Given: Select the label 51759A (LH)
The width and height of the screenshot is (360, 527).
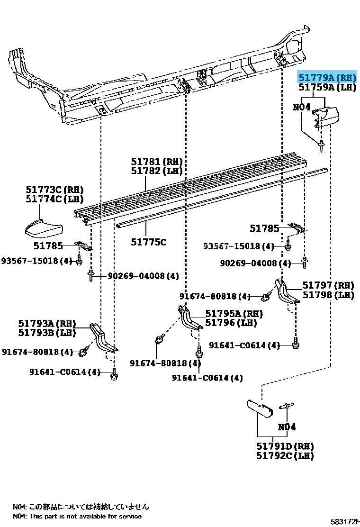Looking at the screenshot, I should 326,88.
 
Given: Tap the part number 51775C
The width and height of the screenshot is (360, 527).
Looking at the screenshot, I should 149,242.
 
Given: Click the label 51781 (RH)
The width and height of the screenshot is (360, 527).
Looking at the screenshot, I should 157,162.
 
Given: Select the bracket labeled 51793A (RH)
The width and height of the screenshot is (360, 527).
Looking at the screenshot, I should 104,339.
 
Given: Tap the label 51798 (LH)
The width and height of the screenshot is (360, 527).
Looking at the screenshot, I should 328,295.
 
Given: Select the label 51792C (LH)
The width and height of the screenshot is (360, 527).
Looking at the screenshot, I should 285,456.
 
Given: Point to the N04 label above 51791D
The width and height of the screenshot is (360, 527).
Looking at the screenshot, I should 287,427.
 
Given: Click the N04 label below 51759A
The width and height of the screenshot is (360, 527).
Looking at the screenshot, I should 301,108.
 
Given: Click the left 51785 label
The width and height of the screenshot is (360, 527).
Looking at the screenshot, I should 47,245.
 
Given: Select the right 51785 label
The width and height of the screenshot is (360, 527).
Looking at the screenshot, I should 264,228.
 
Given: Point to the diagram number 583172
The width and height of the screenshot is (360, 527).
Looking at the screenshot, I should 345,521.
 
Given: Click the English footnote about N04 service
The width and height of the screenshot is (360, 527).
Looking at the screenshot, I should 77,516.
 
